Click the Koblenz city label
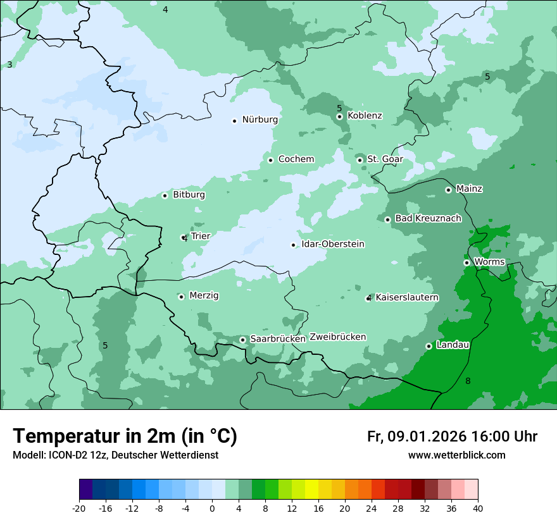tap(365, 116)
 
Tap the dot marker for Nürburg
tap(234, 120)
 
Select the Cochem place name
tap(296, 159)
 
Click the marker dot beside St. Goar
tap(360, 160)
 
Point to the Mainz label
tap(469, 189)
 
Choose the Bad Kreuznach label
tap(428, 219)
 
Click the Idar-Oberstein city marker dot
tap(293, 245)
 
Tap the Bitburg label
tap(189, 195)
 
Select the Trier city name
tap(201, 237)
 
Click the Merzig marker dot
tap(181, 297)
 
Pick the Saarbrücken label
tap(278, 339)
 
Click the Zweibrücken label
tap(337, 337)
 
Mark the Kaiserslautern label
tap(407, 298)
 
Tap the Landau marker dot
tap(429, 346)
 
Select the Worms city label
tap(489, 262)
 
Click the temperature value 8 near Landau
tap(468, 381)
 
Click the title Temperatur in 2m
tap(125, 436)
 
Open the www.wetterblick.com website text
tap(456, 455)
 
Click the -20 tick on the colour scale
tap(79, 508)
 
